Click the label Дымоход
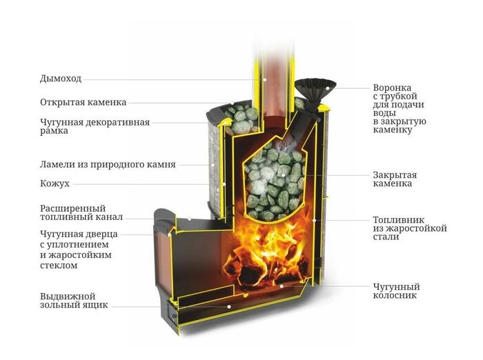(x=61, y=79)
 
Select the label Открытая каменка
(x=83, y=102)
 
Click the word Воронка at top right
(x=392, y=88)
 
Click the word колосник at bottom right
(x=395, y=296)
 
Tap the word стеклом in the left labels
(x=59, y=266)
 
